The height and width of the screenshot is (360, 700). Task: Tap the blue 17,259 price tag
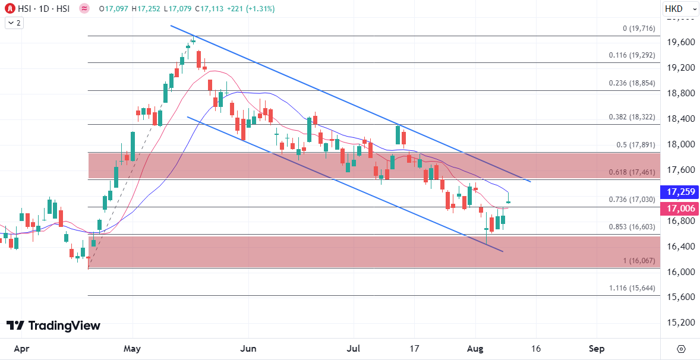pos(680,192)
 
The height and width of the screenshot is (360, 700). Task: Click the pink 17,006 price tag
pos(680,209)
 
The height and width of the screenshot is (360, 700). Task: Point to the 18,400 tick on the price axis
pos(680,119)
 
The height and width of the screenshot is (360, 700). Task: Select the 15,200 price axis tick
pos(680,323)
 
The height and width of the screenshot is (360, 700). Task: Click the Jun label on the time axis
pos(248,349)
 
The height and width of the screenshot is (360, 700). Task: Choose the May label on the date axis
pos(133,349)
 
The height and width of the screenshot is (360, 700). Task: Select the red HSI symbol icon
pos(10,9)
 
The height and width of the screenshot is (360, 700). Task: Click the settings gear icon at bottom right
pos(681,349)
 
